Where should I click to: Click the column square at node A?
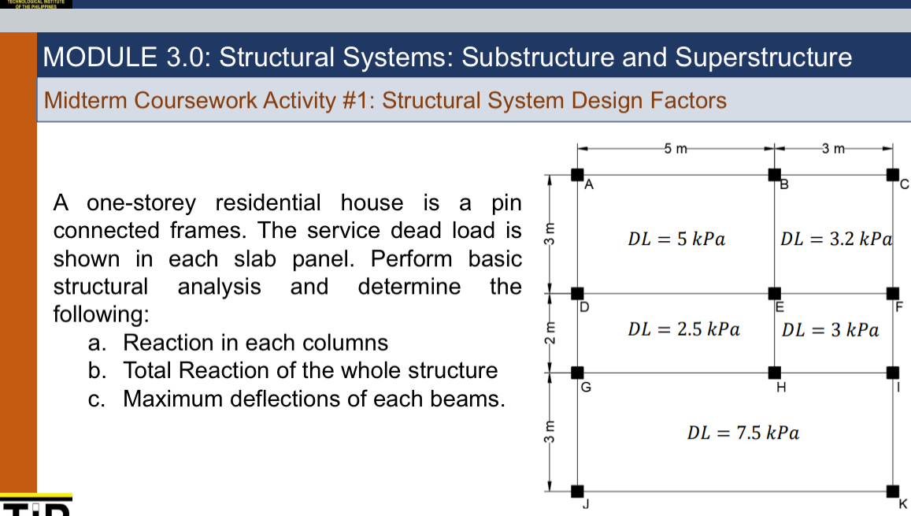(577, 174)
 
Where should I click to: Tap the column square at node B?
(775, 174)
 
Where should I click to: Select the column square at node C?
(892, 174)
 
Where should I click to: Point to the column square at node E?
(775, 293)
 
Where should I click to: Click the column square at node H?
(775, 372)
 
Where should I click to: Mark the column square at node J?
(577, 492)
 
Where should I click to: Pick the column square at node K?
(892, 492)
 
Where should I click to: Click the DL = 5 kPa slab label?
(676, 239)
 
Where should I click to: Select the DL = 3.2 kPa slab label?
(835, 239)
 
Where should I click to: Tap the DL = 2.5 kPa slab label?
(683, 329)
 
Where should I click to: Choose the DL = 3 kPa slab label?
(830, 329)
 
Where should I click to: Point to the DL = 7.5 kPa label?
(743, 432)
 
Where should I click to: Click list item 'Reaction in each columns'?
(255, 343)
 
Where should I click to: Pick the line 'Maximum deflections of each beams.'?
(313, 399)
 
